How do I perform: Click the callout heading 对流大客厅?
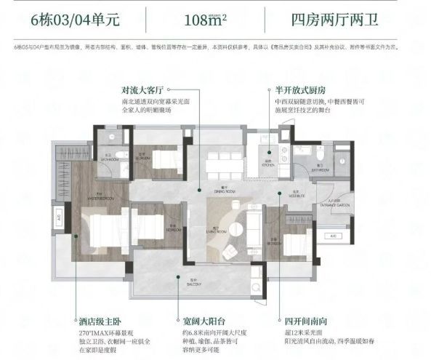pos(145,91)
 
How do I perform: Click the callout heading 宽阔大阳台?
pos(200,319)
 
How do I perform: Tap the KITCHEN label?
pos(269,164)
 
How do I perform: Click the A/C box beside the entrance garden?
pos(333,236)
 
